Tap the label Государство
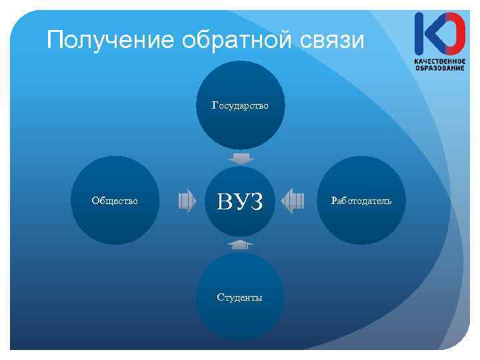(240, 105)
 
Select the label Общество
(115, 200)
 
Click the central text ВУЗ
(240, 201)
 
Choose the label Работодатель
(363, 200)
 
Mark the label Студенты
(239, 297)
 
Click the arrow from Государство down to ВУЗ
(240, 159)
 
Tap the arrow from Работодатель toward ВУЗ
(292, 200)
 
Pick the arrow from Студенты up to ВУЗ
(240, 244)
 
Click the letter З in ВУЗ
(255, 201)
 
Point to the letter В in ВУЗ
(225, 201)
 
